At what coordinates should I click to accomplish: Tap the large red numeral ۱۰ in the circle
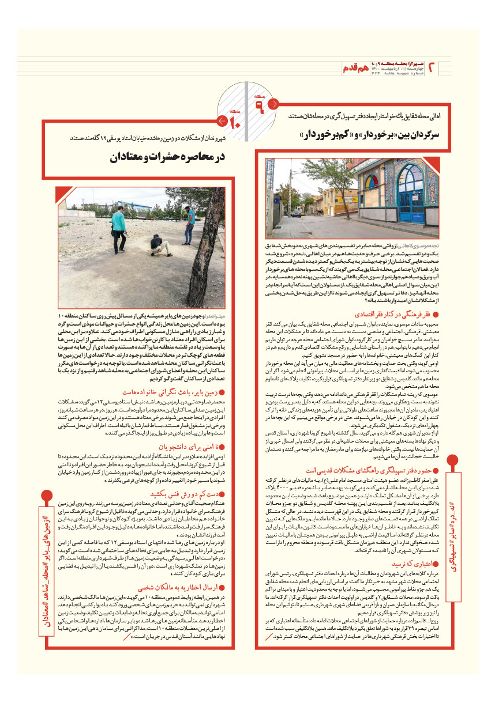[x=235, y=122]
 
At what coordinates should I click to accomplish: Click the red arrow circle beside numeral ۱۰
[x=220, y=121]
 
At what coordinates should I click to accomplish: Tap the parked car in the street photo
[x=295, y=213]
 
